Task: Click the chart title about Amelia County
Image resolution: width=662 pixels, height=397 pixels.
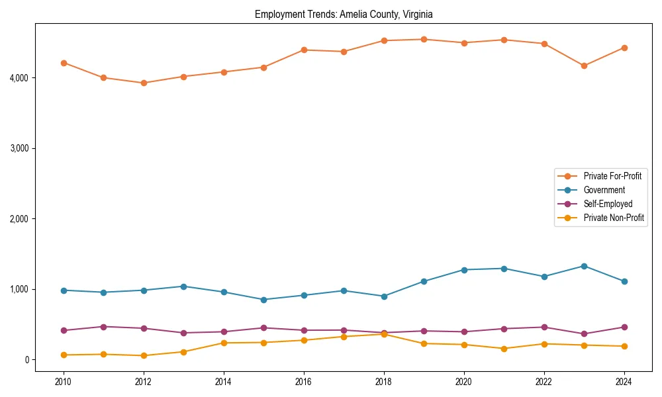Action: point(344,14)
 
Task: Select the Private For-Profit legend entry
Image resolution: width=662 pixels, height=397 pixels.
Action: point(612,176)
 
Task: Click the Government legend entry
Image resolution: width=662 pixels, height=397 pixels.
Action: point(604,190)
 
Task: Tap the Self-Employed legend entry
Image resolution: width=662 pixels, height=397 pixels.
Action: point(608,204)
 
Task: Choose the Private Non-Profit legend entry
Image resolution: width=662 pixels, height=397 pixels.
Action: point(614,218)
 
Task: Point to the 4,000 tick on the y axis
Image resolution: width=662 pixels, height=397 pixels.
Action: point(19,78)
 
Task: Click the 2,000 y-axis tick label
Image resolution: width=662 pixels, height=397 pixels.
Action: point(19,219)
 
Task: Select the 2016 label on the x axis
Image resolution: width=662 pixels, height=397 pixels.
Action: point(304,382)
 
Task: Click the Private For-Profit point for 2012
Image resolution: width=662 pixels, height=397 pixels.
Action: point(144,83)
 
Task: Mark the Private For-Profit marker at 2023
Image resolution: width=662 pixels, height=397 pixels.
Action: point(584,66)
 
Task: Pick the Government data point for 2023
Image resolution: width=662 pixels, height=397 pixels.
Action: point(584,266)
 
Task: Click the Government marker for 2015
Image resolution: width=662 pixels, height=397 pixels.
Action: point(263,300)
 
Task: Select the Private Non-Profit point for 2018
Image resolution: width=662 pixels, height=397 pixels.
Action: point(384,334)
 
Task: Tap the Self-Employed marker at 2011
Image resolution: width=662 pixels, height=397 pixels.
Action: point(103,327)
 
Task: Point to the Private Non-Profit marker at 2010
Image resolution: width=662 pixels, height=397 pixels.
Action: point(64,355)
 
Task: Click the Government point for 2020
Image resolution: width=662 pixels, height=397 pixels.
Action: point(464,270)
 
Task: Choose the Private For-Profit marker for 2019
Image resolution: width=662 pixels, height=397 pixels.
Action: point(424,39)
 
